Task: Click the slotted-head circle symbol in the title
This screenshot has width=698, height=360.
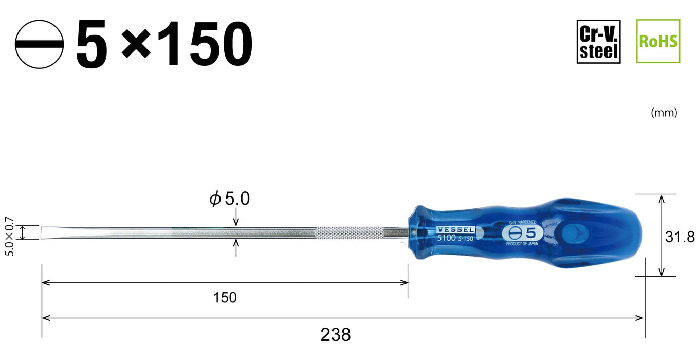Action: point(40,45)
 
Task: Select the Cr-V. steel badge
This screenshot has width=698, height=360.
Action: point(598,41)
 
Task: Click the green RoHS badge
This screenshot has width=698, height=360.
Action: point(658,41)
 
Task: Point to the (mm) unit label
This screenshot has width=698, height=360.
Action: point(664,113)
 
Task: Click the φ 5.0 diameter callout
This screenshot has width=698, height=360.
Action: point(229,199)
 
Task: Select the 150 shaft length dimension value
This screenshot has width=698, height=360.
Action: point(225,297)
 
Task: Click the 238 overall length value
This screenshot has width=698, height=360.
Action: point(335,335)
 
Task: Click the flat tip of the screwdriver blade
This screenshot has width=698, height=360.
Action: point(46,232)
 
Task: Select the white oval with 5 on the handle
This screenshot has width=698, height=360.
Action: point(519,232)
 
